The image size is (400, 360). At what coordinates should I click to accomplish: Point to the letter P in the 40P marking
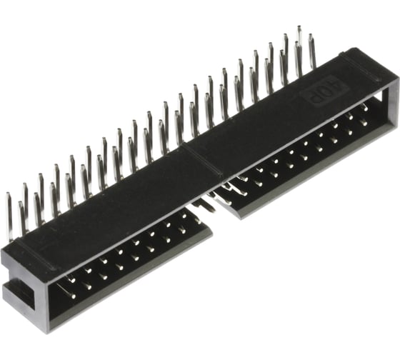pyautogui.click(x=313, y=96)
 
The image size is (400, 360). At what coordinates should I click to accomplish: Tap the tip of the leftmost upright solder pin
pyautogui.click(x=8, y=194)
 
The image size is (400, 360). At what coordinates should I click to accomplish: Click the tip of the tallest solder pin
pyautogui.click(x=299, y=27)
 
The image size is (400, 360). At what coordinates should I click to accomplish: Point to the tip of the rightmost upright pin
pyautogui.click(x=310, y=35)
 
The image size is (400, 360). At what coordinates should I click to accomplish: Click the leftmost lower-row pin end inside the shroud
pyautogui.click(x=74, y=296)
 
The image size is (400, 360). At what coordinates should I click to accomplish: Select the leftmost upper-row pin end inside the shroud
pyautogui.click(x=72, y=280)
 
